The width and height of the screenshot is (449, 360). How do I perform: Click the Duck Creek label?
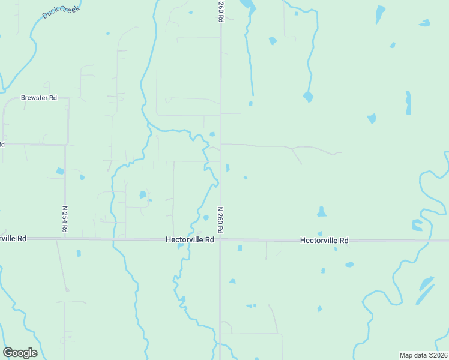61,12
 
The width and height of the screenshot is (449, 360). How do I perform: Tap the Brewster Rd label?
38,97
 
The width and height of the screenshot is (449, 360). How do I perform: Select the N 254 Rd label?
64,219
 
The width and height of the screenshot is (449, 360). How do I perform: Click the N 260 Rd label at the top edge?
221,12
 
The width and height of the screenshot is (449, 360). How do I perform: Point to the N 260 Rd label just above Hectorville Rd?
220,220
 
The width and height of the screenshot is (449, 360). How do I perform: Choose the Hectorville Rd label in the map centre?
190,239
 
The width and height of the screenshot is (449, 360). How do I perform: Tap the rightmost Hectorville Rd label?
324,240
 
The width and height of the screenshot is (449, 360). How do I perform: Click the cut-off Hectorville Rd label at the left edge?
13,238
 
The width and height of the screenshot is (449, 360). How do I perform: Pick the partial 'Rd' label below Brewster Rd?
2,145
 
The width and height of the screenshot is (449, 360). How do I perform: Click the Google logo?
20,353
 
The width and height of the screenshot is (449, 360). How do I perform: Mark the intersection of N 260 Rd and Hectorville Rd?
220,239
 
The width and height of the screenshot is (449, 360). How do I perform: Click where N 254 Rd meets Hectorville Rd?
65,239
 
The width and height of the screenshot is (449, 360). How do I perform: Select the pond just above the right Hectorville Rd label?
322,212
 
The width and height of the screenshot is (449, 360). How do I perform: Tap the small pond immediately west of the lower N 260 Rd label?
206,218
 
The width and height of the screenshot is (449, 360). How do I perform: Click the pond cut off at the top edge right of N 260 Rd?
247,7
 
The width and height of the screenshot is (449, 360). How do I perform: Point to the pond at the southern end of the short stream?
308,96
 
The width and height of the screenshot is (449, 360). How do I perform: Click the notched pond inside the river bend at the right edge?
417,225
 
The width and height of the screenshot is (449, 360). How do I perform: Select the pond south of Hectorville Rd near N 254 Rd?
79,253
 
